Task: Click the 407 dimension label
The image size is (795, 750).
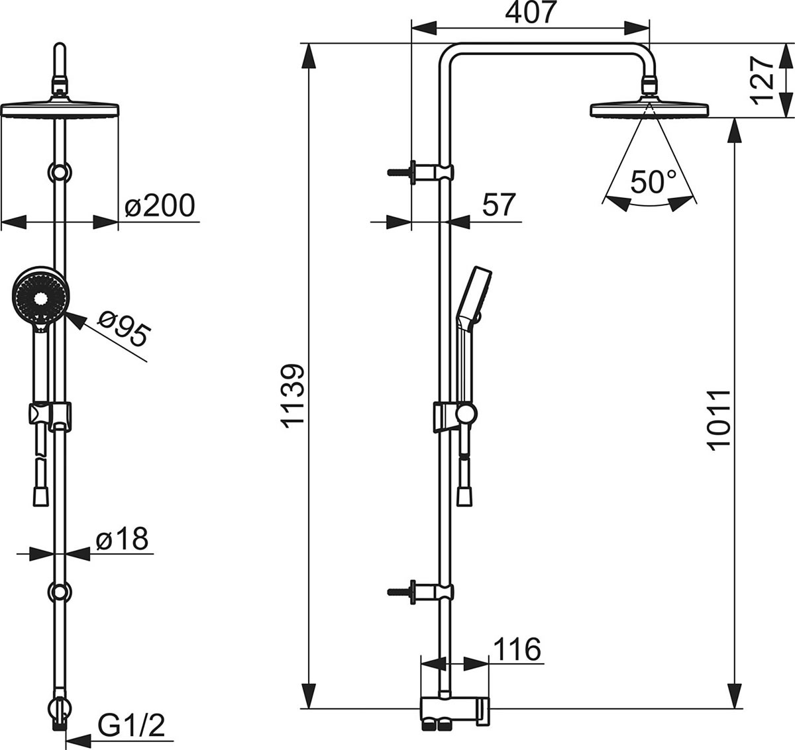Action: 531,13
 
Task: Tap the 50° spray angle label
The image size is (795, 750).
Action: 653,181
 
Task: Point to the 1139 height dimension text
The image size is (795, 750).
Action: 293,396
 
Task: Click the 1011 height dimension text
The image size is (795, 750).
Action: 718,419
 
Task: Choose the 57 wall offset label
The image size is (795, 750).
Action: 498,205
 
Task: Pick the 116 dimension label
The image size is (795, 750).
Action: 517,649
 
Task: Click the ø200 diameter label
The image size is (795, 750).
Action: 160,206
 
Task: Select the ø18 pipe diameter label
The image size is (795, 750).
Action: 121,539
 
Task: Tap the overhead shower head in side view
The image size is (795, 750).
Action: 650,108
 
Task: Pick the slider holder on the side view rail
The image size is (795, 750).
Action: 455,416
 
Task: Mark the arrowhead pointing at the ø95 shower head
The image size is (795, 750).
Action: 75,321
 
